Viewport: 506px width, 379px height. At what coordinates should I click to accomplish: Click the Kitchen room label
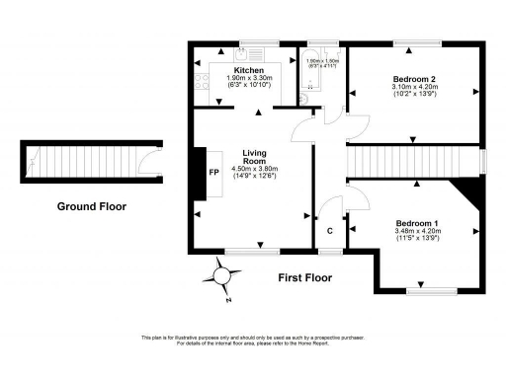[249, 69]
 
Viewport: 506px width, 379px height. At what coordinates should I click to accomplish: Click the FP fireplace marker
[212, 171]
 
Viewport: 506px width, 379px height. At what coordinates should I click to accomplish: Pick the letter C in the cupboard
[329, 232]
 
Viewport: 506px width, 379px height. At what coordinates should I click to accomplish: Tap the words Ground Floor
[92, 206]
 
